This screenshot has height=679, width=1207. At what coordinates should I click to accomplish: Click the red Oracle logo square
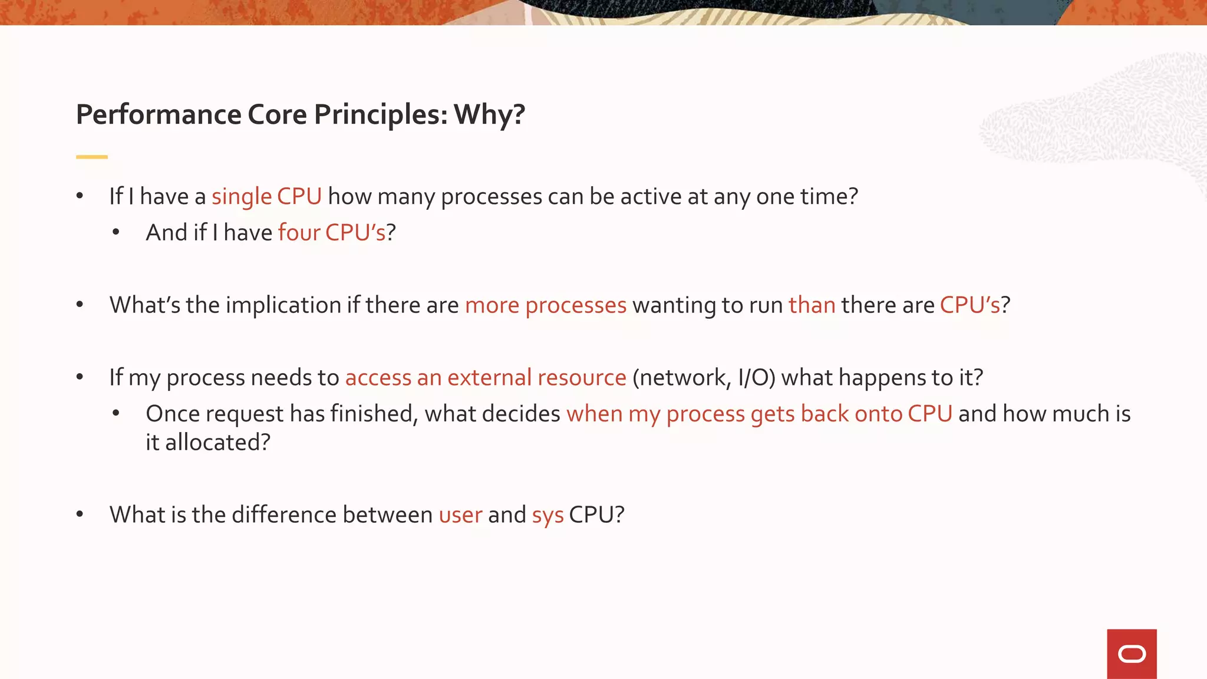(1131, 654)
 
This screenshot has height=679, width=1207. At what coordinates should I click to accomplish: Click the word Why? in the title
(489, 114)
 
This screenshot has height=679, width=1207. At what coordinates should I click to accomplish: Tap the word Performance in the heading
(159, 114)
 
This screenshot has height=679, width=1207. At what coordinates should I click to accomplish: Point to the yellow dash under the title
(92, 157)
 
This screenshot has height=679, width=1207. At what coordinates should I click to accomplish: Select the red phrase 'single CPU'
(266, 197)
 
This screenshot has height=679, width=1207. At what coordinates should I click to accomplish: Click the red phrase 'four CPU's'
(331, 233)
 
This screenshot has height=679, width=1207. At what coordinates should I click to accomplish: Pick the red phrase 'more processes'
(545, 305)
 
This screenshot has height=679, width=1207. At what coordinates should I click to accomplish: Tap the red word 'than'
(812, 305)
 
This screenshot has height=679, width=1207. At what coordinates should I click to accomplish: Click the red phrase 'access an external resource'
(486, 378)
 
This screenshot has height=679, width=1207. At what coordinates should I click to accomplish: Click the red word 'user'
(460, 515)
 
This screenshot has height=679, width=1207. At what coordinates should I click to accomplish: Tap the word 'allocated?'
(217, 443)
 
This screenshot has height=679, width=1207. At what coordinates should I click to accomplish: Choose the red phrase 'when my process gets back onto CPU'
(759, 414)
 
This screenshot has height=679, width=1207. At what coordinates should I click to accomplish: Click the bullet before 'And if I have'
(116, 233)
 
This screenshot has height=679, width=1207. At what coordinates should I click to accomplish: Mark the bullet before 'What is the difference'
(80, 515)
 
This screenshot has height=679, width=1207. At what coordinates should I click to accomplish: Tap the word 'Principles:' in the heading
(381, 114)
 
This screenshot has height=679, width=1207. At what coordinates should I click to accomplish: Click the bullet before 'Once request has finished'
(116, 414)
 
